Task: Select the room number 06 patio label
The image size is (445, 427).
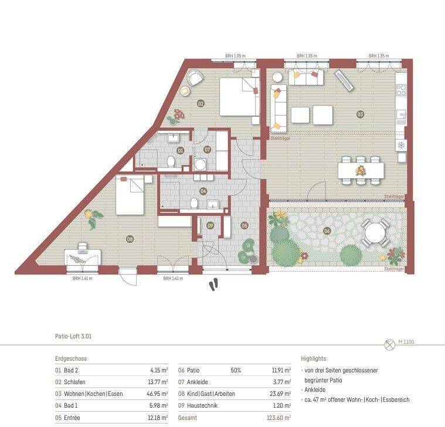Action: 327,231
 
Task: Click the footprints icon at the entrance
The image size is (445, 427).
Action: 215,284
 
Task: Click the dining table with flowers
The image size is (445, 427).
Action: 361,170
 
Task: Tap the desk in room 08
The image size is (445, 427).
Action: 82,257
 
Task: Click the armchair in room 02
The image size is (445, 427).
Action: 194,77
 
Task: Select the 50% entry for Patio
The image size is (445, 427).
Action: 235,370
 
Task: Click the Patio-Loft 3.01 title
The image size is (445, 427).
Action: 73,337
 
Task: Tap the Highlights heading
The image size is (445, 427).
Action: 314,358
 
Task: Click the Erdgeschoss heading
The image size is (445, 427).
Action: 71,358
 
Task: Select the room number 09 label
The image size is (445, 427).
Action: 210,225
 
